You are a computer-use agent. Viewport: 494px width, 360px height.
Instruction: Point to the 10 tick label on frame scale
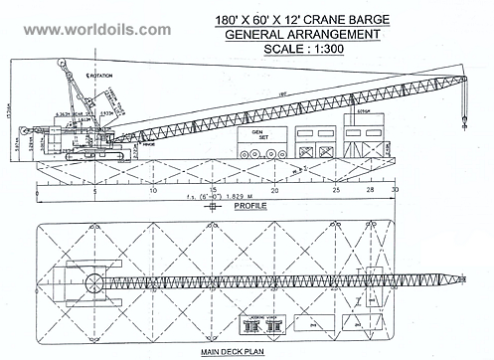tap(152, 189)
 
